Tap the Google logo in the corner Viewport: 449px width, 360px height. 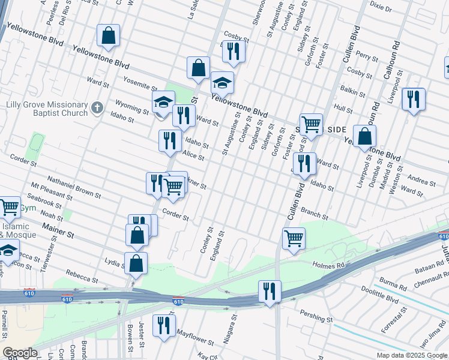[x=20, y=352]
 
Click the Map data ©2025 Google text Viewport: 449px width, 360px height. [x=412, y=355]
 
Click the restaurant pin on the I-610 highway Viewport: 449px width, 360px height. [x=270, y=291]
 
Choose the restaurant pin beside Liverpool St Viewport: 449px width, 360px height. [x=413, y=99]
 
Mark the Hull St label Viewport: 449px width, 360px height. [x=343, y=109]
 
